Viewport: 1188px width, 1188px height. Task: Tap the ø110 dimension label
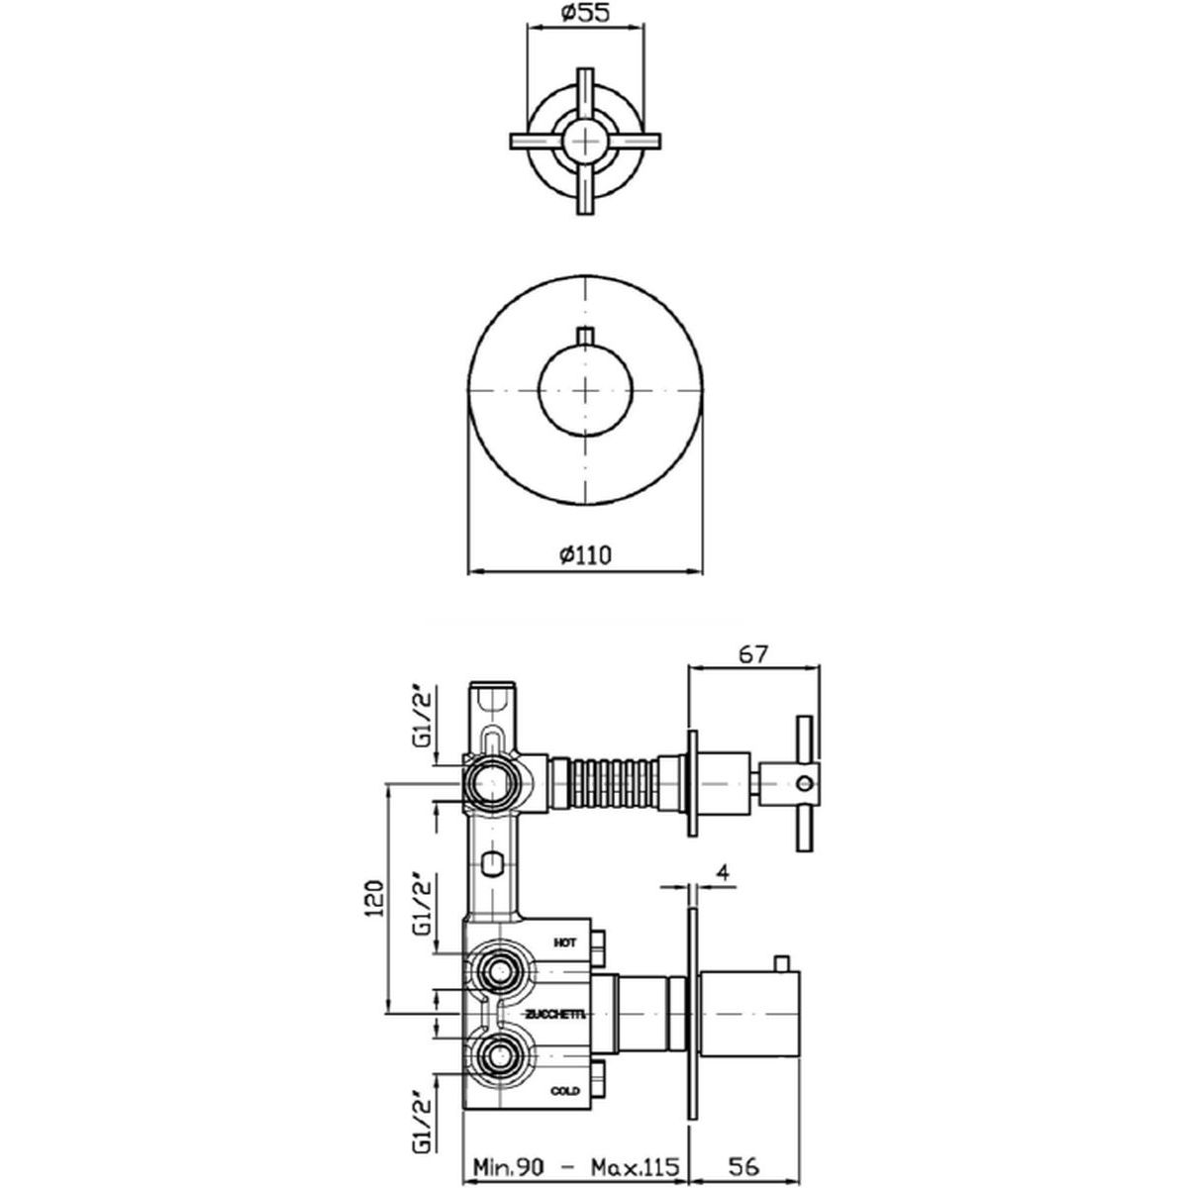(x=586, y=555)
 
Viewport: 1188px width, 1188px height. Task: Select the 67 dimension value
(x=753, y=654)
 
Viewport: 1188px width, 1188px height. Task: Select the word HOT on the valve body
(x=565, y=960)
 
